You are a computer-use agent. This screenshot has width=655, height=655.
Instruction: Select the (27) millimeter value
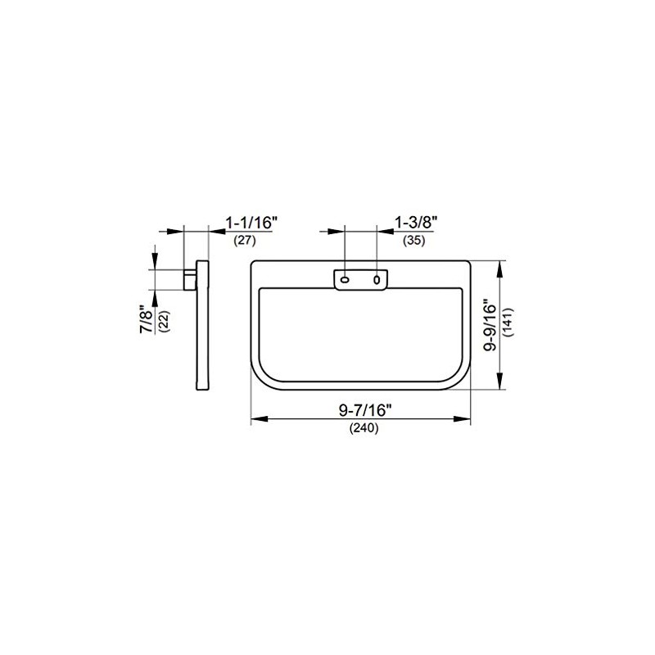point(244,241)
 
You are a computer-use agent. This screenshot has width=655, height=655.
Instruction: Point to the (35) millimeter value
point(414,241)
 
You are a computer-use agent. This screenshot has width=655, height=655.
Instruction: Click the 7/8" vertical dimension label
point(147,321)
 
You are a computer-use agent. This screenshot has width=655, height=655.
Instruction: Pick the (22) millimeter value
point(165,321)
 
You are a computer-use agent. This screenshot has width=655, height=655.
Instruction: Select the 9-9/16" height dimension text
point(490,325)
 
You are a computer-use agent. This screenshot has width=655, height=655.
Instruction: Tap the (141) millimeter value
point(508,323)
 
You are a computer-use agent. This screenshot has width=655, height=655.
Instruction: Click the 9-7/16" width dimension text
point(365,411)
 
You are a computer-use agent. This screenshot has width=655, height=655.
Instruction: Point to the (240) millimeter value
point(364,428)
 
